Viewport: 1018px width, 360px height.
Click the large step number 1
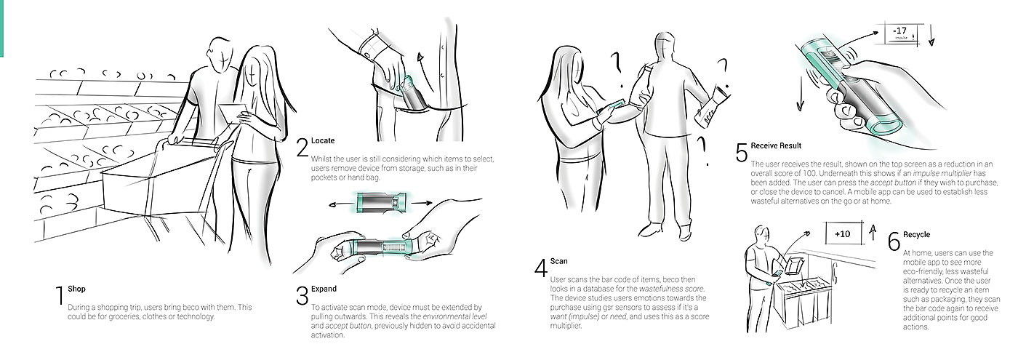(60, 295)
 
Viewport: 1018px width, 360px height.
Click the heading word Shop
(76, 289)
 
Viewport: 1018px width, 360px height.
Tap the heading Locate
(323, 140)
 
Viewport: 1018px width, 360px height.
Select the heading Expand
(324, 289)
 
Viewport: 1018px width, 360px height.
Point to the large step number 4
(541, 268)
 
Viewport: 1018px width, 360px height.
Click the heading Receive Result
(776, 145)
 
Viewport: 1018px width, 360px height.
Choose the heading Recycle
(916, 234)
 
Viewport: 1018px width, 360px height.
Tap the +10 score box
(843, 233)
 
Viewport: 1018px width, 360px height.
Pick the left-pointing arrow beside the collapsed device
(341, 205)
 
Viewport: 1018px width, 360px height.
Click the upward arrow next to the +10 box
(872, 233)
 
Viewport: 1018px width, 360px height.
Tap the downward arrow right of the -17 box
(931, 35)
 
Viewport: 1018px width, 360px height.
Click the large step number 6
(894, 241)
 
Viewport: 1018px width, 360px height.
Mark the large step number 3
(302, 295)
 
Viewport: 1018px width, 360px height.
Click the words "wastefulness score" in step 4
(671, 289)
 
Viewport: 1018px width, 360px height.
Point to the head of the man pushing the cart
(223, 52)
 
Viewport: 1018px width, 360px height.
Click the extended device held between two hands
(381, 248)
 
